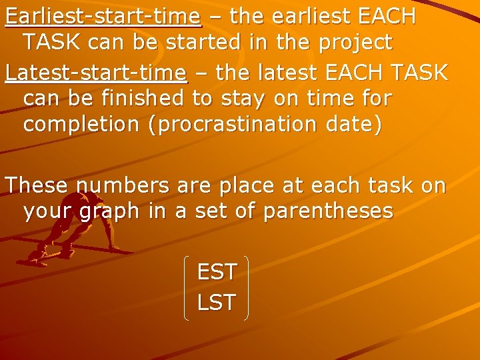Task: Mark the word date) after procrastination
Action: pyautogui.click(x=355, y=127)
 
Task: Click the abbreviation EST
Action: pyautogui.click(x=217, y=272)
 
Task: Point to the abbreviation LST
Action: pyautogui.click(x=217, y=302)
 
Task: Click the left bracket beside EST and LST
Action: pyautogui.click(x=186, y=287)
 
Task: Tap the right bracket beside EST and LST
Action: pyautogui.click(x=246, y=287)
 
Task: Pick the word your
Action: pyautogui.click(x=49, y=212)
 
